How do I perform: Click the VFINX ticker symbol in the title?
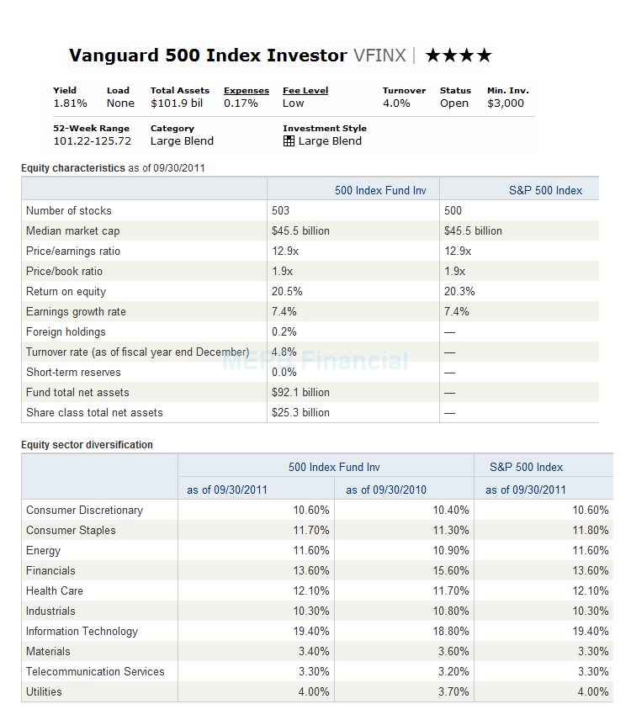(x=379, y=56)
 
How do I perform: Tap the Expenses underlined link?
(x=247, y=91)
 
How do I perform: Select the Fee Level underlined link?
(x=305, y=91)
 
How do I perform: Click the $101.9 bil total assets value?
(x=177, y=103)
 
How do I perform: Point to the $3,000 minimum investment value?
(x=506, y=103)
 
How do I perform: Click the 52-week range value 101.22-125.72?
(x=93, y=141)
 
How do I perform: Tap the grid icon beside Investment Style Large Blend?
(x=289, y=141)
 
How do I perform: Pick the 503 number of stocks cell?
(x=281, y=211)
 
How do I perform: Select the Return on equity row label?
(x=66, y=292)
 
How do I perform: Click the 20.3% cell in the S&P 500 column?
(x=459, y=292)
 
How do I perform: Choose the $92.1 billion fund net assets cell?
(x=301, y=393)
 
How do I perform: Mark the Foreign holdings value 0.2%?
(x=284, y=332)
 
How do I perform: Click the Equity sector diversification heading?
(x=87, y=444)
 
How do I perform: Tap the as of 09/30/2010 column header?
(x=386, y=490)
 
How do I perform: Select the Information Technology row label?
(x=82, y=632)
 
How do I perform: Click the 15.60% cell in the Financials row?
(x=451, y=571)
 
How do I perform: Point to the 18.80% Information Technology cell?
(x=451, y=632)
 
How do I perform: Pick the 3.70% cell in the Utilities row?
(x=453, y=692)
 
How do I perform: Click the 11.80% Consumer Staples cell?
(x=591, y=531)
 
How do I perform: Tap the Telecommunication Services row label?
(x=95, y=672)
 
